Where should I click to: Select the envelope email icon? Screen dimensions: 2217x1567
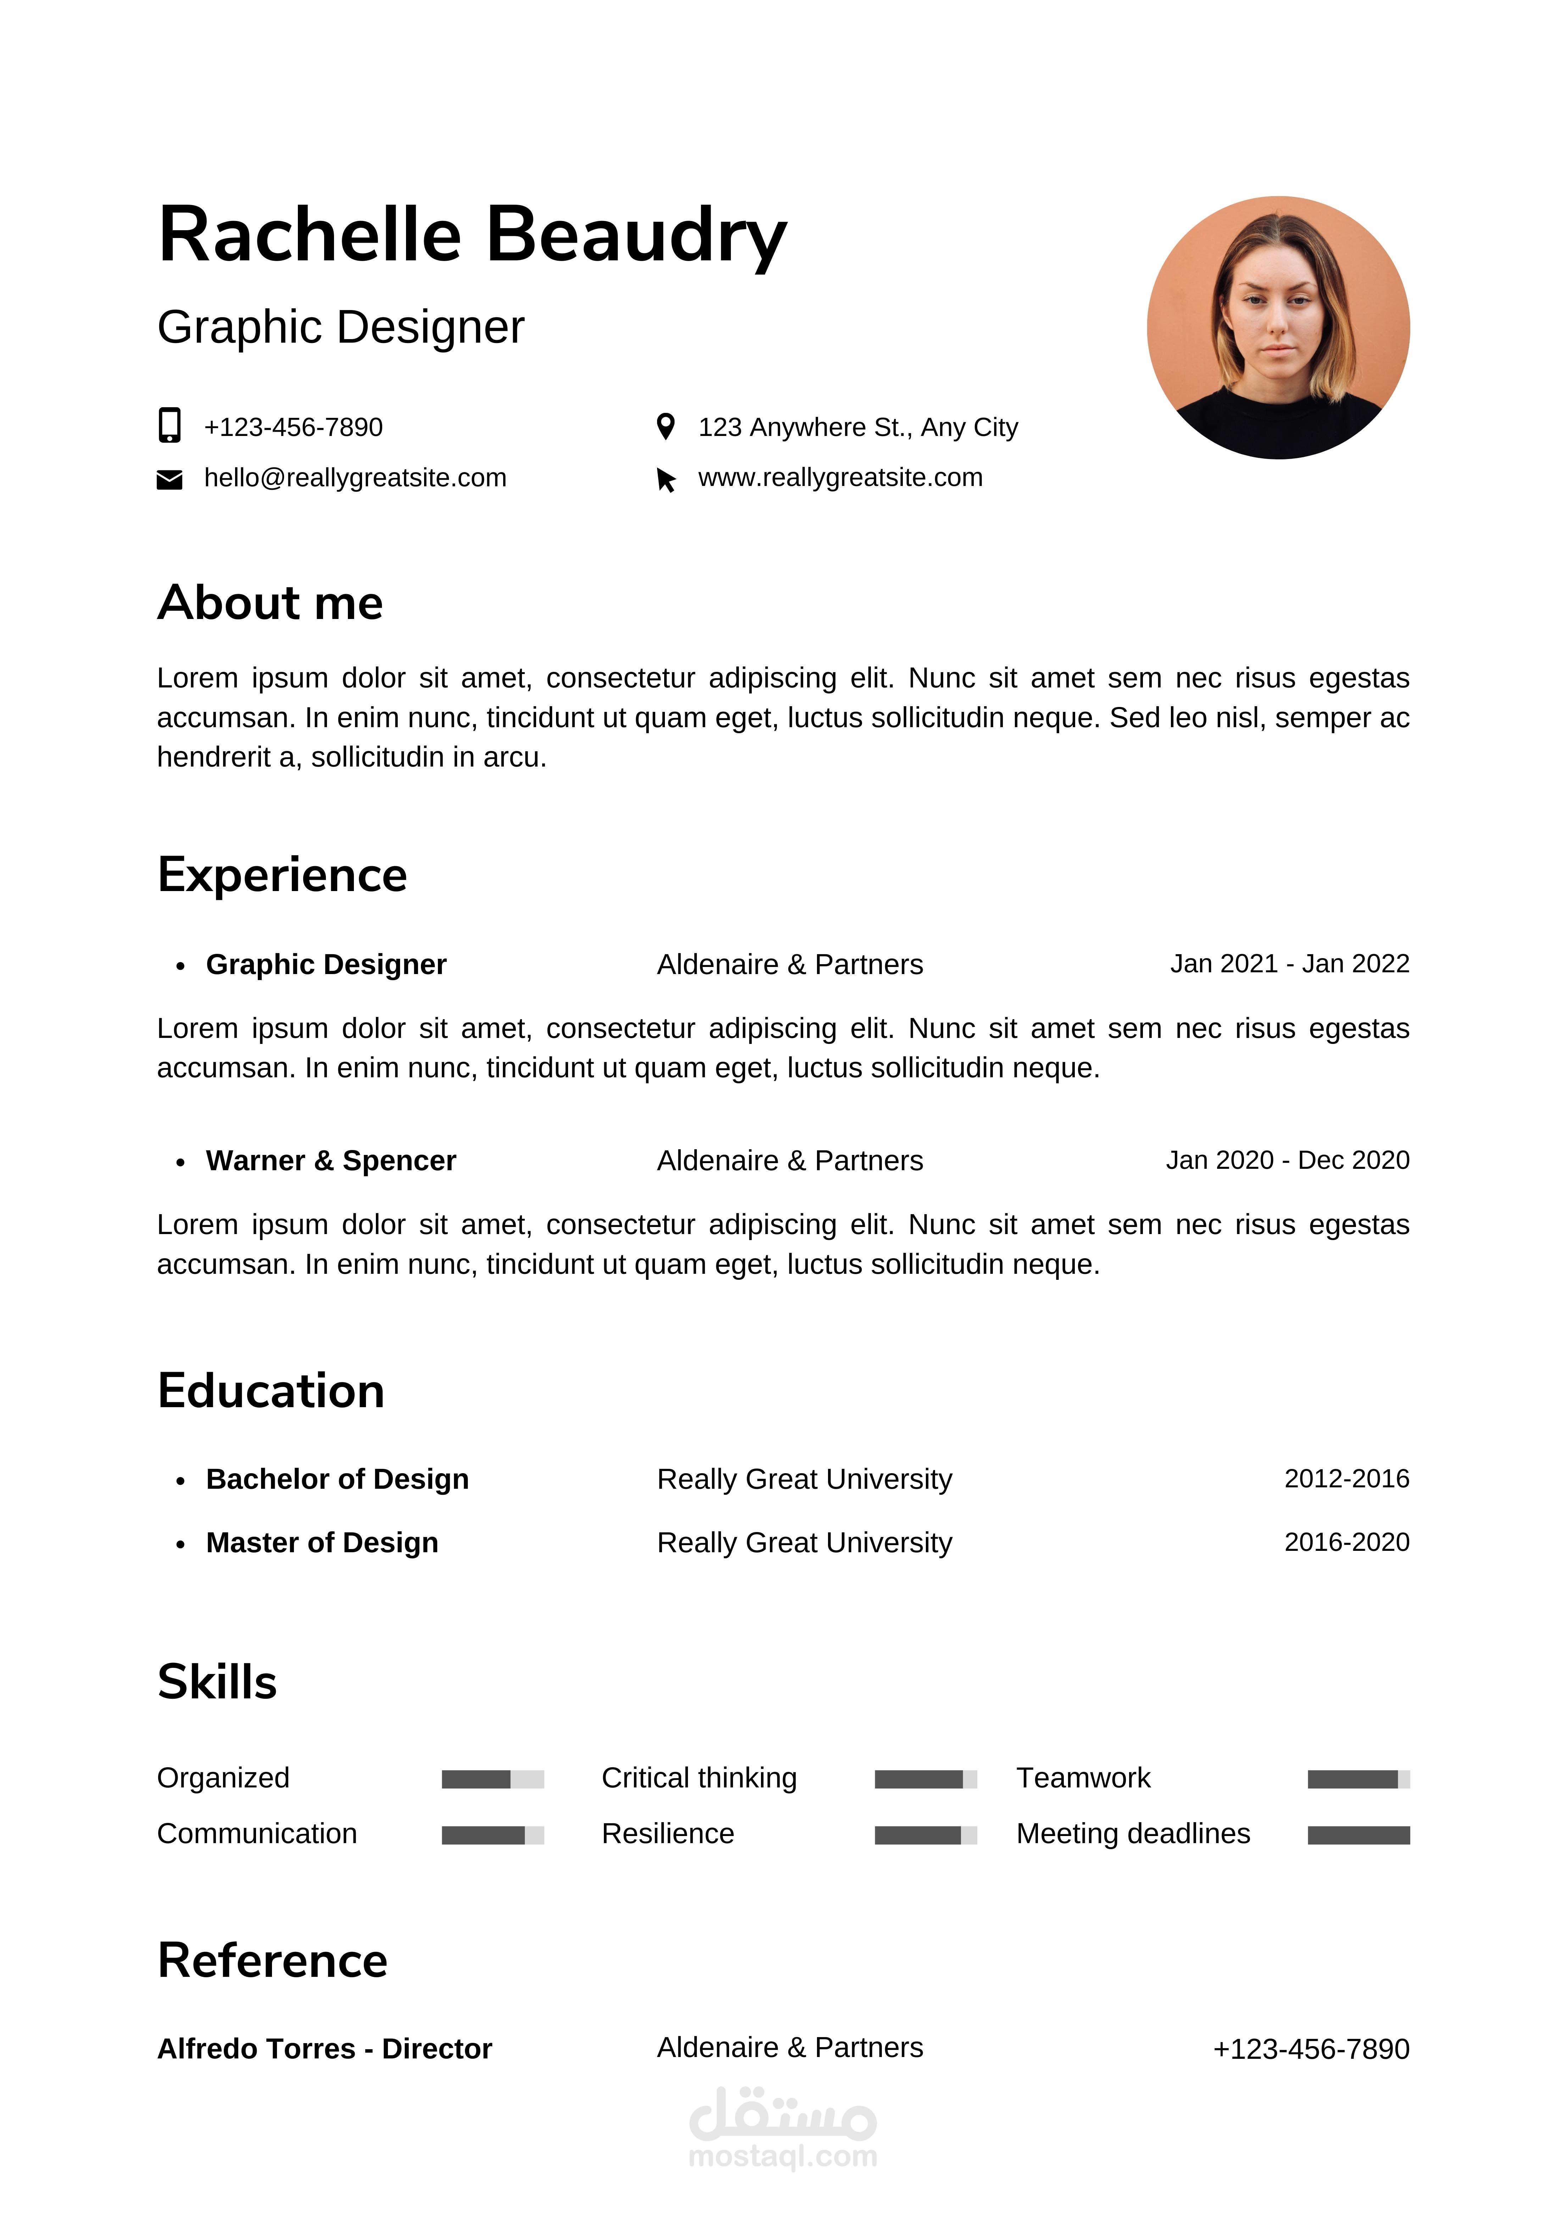[x=169, y=480]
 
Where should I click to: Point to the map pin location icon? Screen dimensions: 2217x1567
[x=665, y=426]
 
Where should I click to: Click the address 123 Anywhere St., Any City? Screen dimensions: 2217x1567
[x=857, y=427]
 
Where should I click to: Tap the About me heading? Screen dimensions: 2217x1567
[x=270, y=603]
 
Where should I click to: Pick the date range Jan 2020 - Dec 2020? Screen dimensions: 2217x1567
[x=1287, y=1160]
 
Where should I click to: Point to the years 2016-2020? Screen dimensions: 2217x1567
[x=1346, y=1542]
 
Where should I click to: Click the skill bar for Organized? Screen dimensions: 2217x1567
[x=493, y=1779]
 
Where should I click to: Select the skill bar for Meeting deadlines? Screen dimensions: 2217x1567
[x=1358, y=1835]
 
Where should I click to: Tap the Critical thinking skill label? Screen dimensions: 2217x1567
[x=699, y=1778]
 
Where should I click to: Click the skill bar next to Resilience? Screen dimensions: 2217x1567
[x=925, y=1835]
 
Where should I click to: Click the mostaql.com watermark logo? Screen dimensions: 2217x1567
[x=782, y=2127]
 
